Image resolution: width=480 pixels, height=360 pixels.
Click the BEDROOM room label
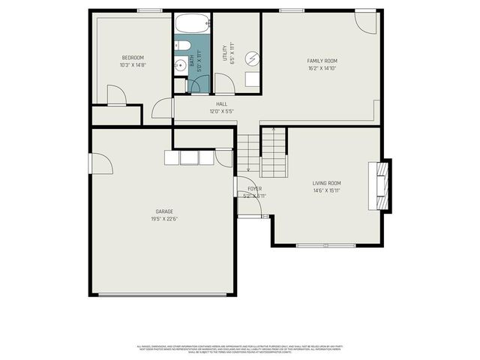pyautogui.click(x=133, y=58)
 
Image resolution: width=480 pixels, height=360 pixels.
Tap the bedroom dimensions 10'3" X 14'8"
pyautogui.click(x=133, y=65)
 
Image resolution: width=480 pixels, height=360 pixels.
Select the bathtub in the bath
pyautogui.click(x=193, y=23)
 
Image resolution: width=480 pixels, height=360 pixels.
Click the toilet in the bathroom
pyautogui.click(x=181, y=45)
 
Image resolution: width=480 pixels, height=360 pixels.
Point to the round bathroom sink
pyautogui.click(x=180, y=66)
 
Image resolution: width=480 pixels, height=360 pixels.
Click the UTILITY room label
pyautogui.click(x=223, y=53)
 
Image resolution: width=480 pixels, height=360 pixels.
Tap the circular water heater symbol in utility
pyautogui.click(x=253, y=58)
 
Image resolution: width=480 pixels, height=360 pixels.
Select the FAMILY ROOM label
pyautogui.click(x=322, y=61)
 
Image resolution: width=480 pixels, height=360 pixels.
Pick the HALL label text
pyautogui.click(x=221, y=104)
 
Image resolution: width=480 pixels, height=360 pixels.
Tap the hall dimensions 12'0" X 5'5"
pyautogui.click(x=221, y=112)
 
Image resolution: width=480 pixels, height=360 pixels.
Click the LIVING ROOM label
pyautogui.click(x=326, y=183)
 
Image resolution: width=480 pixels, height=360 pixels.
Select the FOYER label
pyautogui.click(x=254, y=188)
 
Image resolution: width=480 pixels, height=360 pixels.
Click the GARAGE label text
pyautogui.click(x=165, y=211)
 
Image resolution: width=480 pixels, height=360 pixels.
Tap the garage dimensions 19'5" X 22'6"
pyautogui.click(x=165, y=219)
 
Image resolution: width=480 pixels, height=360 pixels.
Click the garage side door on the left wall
pyautogui.click(x=100, y=163)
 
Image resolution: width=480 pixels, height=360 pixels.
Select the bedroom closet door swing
pyautogui.click(x=115, y=95)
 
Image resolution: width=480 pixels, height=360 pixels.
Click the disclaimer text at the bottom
pyautogui.click(x=239, y=348)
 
